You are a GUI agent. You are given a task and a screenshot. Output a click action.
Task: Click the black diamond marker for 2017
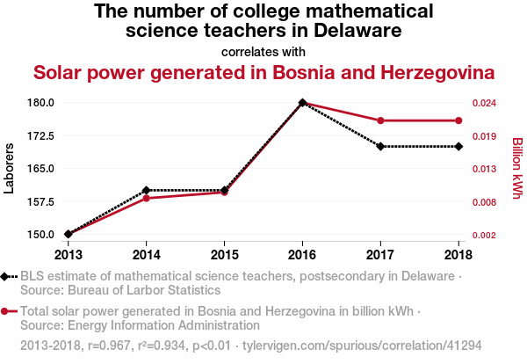coord(380,146)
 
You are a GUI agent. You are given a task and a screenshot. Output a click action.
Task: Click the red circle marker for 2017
coord(380,120)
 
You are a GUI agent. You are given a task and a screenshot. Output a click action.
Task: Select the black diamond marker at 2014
coord(146,190)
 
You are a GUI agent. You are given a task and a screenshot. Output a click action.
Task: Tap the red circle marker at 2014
coord(146,198)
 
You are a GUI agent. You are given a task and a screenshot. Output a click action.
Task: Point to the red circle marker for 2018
coord(458,120)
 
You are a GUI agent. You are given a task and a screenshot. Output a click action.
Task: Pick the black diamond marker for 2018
coord(458,146)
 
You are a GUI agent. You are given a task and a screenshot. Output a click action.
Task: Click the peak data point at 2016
coord(302,103)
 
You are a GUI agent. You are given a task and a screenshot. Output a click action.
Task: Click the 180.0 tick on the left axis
coord(40,103)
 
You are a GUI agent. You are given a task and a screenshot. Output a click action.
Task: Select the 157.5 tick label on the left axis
coord(40,201)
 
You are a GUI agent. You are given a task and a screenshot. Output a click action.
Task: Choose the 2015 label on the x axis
coord(224,254)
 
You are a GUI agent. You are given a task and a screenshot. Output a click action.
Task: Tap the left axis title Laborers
coord(10,169)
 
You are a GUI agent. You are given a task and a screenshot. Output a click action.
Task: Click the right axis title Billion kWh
coord(517,169)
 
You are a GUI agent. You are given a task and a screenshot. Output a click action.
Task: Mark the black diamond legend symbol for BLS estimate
coord(6,277)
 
